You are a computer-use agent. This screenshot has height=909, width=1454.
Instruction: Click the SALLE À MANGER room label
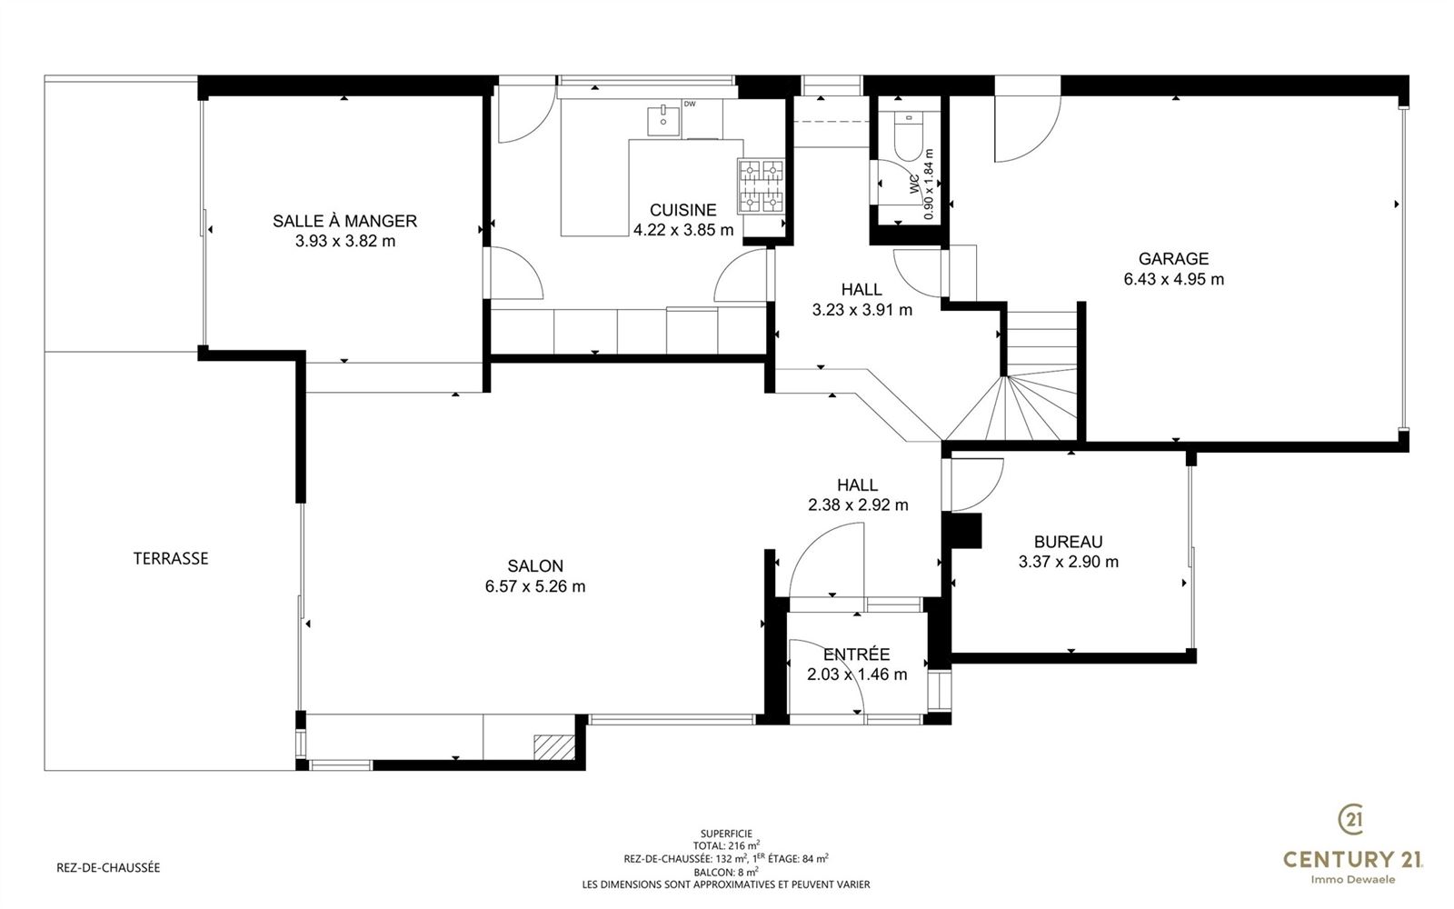tap(344, 221)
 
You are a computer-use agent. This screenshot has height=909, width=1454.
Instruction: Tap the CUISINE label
tap(682, 210)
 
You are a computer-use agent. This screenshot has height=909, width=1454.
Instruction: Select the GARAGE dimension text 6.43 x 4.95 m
tap(1173, 279)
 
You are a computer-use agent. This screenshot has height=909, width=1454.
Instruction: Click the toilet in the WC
tap(909, 135)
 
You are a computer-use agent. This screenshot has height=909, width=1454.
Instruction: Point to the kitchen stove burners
tap(761, 186)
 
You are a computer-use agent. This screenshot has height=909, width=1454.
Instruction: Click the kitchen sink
tap(663, 122)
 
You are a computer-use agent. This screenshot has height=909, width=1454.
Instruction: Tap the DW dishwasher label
tap(690, 104)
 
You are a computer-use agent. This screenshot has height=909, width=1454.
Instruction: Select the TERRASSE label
tap(171, 558)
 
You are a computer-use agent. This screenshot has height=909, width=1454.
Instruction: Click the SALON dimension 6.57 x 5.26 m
tap(535, 586)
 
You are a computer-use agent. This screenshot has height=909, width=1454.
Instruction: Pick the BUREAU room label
tap(1069, 542)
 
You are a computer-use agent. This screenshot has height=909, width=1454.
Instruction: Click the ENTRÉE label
tap(857, 654)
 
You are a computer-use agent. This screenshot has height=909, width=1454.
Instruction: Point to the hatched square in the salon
tap(554, 746)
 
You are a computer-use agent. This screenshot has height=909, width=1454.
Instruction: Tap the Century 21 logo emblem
tap(1351, 819)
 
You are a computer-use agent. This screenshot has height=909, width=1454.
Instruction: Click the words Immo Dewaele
tap(1353, 880)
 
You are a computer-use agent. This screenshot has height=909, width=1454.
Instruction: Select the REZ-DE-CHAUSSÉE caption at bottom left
tap(108, 867)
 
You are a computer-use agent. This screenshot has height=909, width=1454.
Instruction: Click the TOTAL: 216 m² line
tap(726, 845)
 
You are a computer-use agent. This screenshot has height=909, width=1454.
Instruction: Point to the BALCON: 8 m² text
tap(726, 872)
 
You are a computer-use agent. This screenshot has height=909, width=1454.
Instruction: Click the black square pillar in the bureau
tap(962, 531)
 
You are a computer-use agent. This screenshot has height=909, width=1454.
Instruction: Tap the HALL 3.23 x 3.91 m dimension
tap(862, 310)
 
